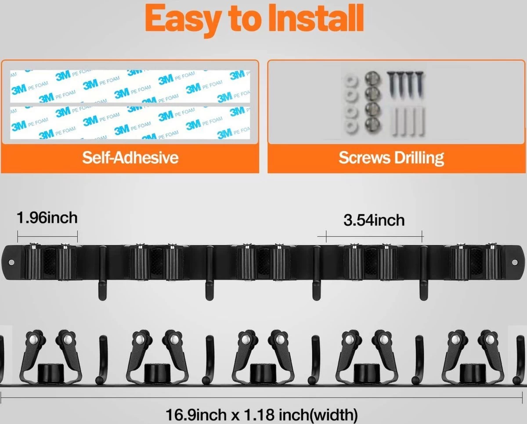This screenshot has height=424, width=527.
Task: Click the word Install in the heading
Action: point(316,19)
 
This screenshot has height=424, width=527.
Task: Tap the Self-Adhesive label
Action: point(130,158)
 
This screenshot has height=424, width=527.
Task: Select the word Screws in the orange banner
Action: point(365,158)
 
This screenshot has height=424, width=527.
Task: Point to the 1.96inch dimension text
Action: point(47,218)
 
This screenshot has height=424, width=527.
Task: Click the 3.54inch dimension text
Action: point(374,220)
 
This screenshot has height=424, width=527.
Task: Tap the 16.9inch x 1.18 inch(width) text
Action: point(262,414)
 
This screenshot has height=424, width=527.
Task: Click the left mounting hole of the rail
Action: point(11,262)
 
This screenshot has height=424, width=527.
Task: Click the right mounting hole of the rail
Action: point(515,262)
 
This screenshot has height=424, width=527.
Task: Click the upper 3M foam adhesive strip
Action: point(130,86)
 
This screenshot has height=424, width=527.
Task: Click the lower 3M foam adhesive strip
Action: point(130,123)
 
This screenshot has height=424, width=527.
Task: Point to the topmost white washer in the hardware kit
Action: point(351,82)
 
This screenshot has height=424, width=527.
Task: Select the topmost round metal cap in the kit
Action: point(373,79)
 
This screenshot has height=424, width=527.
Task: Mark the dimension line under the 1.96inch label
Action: point(47,237)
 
